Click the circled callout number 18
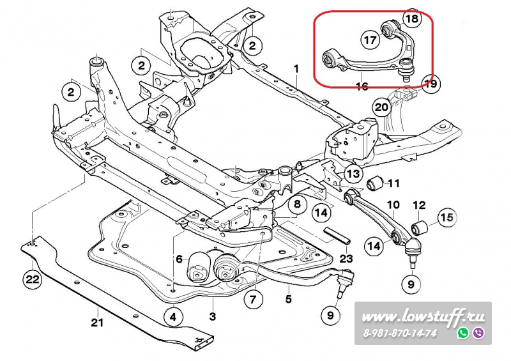pyautogui.click(x=412, y=19)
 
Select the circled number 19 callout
pyautogui.click(x=431, y=83)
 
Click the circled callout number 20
pyautogui.click(x=381, y=107)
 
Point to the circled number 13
pyautogui.click(x=353, y=173)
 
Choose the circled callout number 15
pyautogui.click(x=447, y=218)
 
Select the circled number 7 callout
pyautogui.click(x=252, y=298)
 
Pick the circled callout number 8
pyautogui.click(x=296, y=205)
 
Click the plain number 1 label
pyautogui.click(x=296, y=68)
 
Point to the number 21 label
pyautogui.click(x=96, y=323)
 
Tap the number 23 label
pyautogui.click(x=346, y=259)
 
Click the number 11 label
pyautogui.click(x=393, y=183)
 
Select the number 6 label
pyautogui.click(x=179, y=259)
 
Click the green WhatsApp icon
pyautogui.click(x=463, y=333)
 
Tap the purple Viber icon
pyautogui.click(x=478, y=333)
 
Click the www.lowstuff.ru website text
pyautogui.click(x=423, y=316)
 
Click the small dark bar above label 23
pyautogui.click(x=337, y=234)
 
